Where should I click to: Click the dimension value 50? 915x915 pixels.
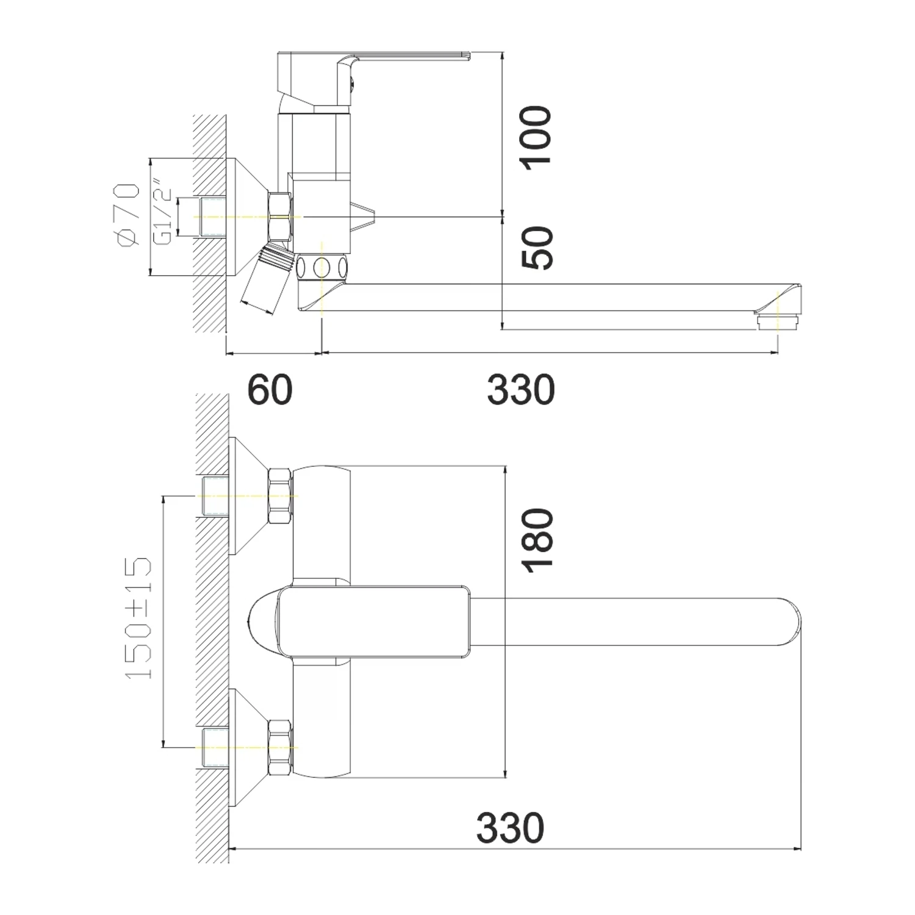click(537, 248)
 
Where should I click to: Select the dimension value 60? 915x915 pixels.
click(270, 390)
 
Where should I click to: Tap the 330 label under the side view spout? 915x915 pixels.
click(521, 390)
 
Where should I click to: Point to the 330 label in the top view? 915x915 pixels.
click(510, 828)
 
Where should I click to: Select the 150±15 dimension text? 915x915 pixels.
click(138, 618)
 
